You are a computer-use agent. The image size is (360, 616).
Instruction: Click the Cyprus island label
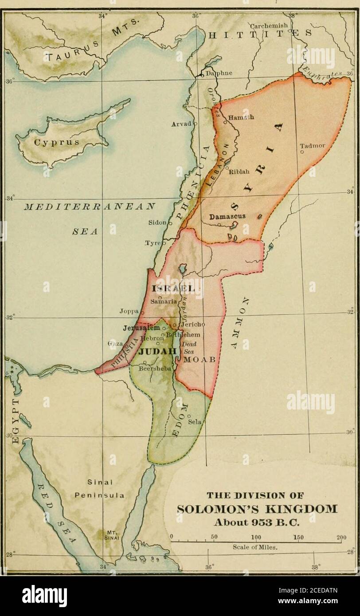56,143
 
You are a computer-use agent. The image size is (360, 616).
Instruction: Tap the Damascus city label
227,217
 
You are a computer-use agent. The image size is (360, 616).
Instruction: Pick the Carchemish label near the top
269,26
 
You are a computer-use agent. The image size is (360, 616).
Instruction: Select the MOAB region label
199,359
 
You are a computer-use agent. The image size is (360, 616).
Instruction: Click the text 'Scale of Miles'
255,547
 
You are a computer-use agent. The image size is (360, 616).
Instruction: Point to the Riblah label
239,173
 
